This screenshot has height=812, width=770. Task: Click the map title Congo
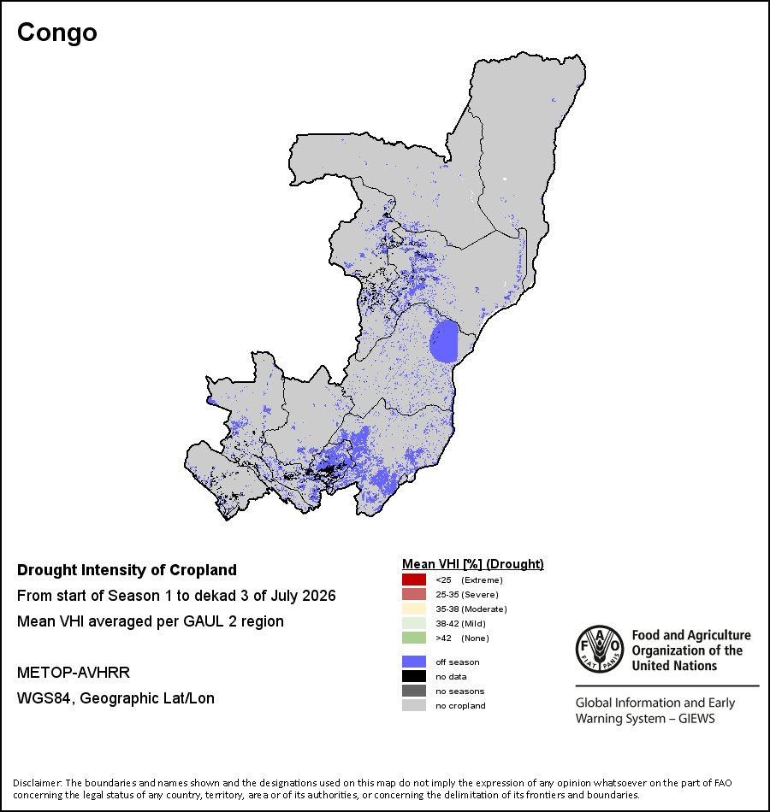point(57,33)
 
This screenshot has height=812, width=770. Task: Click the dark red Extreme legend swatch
point(414,580)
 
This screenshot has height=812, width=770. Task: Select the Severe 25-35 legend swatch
point(414,594)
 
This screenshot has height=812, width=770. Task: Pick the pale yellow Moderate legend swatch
point(414,609)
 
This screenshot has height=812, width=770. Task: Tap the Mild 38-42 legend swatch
point(414,623)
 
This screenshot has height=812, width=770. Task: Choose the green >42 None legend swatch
point(414,638)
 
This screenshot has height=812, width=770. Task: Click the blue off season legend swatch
point(414,662)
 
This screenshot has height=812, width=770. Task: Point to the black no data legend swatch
point(414,676)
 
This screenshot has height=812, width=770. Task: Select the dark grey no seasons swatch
point(414,691)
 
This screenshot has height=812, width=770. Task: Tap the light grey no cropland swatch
point(414,705)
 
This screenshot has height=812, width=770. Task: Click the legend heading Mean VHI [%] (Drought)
point(473,564)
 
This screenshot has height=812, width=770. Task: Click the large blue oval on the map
point(444,341)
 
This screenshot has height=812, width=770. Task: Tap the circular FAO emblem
point(600,650)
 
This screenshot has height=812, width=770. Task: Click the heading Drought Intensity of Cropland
point(127,570)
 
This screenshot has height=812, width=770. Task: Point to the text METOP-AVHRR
point(74,672)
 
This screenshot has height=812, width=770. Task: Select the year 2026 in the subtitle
point(319,596)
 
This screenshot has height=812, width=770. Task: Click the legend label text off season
point(458,662)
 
